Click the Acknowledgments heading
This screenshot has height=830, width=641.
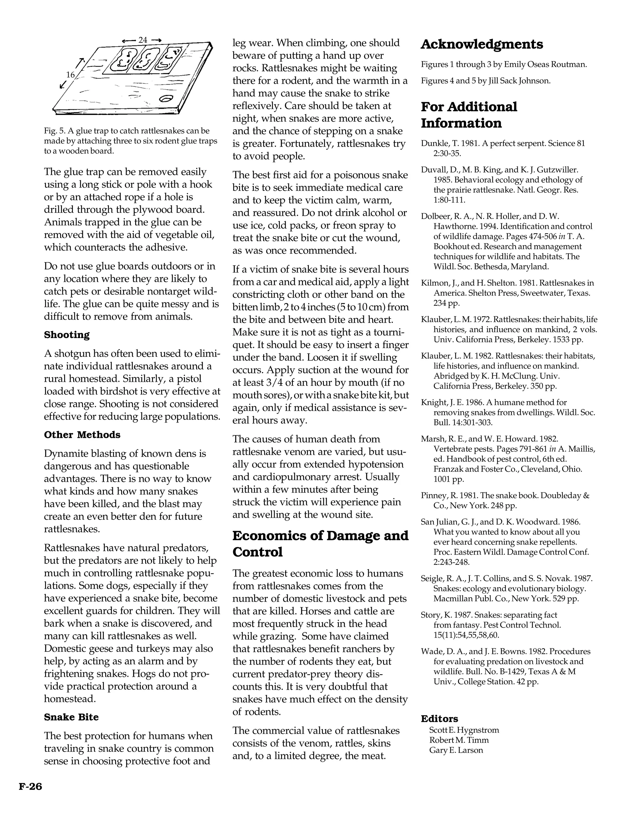point(481,44)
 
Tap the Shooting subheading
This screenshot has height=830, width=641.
point(67,335)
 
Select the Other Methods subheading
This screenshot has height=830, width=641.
point(82,435)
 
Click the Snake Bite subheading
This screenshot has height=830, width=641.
point(71,717)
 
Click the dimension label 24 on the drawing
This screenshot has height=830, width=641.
point(143,40)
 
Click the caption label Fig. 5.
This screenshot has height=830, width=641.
point(54,131)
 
